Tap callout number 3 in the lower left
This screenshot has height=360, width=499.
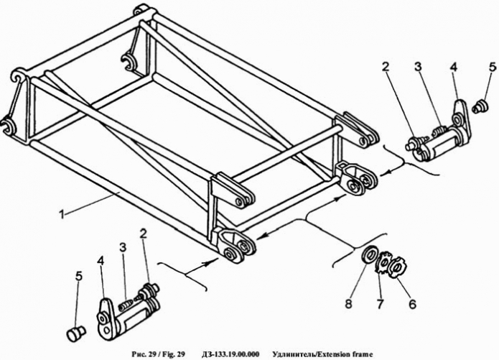(123, 247)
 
